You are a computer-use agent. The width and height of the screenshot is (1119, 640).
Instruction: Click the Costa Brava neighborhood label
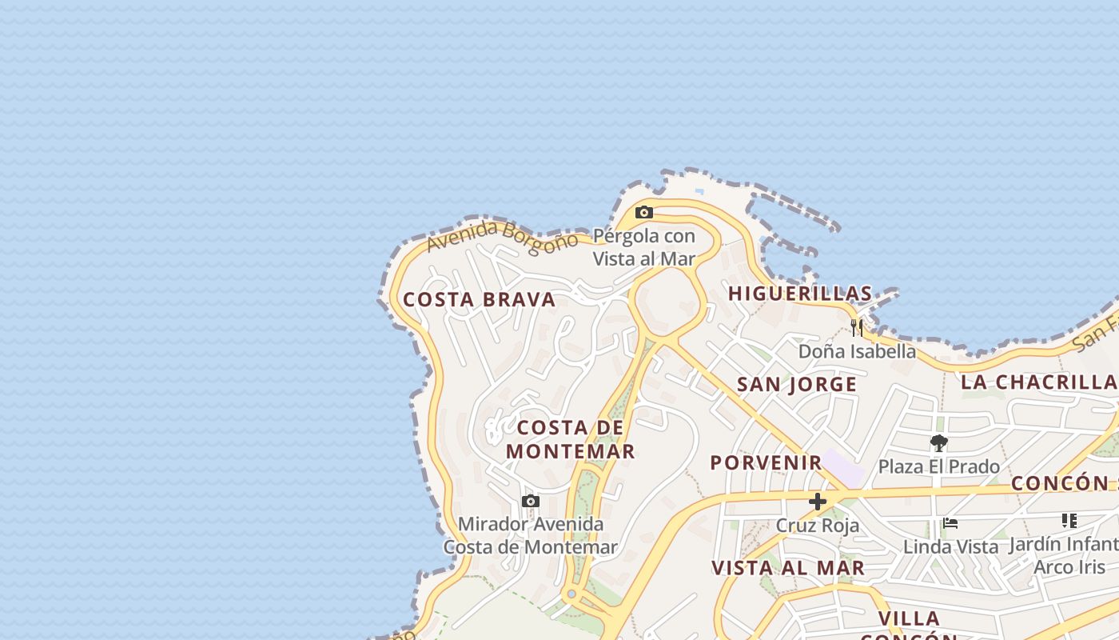click(x=479, y=300)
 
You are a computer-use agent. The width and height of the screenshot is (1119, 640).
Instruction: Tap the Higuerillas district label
click(x=800, y=294)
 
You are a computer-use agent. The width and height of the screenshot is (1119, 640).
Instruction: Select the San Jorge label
click(x=797, y=385)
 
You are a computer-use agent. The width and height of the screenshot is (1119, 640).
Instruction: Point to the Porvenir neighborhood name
click(x=766, y=462)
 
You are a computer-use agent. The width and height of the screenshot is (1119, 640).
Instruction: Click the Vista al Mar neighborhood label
click(x=788, y=568)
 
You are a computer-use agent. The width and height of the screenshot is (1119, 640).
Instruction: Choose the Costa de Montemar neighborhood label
click(x=571, y=439)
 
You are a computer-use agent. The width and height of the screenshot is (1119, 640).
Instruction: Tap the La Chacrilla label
click(x=1038, y=382)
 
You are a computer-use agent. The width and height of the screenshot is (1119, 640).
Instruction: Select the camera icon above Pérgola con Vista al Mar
click(x=644, y=213)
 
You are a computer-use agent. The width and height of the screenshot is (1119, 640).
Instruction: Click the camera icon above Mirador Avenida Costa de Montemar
click(x=530, y=502)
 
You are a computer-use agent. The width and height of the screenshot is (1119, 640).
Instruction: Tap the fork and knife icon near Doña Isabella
click(x=857, y=327)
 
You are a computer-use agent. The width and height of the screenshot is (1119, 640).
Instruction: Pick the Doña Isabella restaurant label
click(x=857, y=351)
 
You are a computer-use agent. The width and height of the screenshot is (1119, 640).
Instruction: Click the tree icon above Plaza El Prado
click(x=939, y=442)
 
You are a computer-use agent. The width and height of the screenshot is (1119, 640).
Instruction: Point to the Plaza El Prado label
click(x=939, y=466)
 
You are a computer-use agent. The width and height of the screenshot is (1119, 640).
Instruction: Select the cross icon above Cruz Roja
click(x=818, y=502)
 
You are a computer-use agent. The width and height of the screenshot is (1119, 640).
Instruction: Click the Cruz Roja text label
click(x=818, y=526)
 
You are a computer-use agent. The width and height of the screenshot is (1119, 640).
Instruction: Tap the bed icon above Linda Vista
click(x=950, y=523)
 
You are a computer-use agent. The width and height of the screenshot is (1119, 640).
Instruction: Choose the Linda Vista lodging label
click(x=950, y=547)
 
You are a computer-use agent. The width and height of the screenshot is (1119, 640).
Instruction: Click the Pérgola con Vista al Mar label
click(x=644, y=247)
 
